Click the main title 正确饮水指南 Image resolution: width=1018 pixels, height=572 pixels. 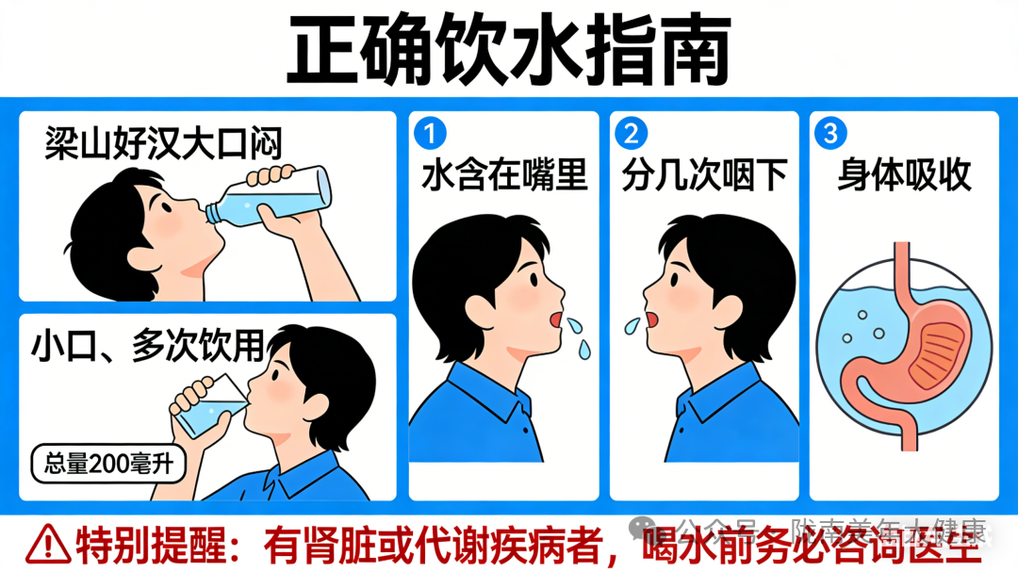(508, 49)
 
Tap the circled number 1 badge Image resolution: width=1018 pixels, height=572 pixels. (430, 134)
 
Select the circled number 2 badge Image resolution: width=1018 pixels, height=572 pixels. (630, 134)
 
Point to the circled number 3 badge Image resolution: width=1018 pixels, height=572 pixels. (829, 134)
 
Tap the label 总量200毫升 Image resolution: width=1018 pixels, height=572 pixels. (107, 463)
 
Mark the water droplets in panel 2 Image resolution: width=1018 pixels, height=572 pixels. (630, 326)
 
